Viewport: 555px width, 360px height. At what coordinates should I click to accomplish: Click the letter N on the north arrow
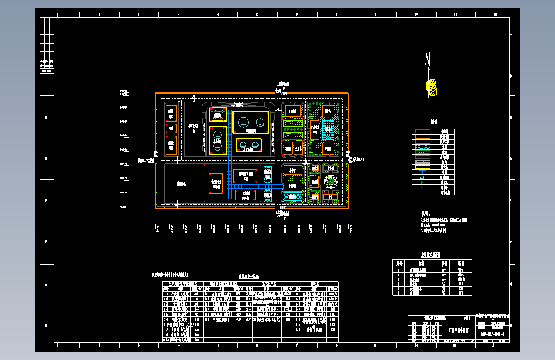[x=428, y=60]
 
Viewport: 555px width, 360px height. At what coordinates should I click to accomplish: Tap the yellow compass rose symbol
[x=431, y=85]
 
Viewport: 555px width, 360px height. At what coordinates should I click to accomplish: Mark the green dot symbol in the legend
[x=421, y=182]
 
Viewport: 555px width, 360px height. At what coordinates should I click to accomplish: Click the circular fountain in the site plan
[x=330, y=183]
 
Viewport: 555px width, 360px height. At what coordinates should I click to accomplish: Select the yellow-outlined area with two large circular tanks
[x=249, y=121]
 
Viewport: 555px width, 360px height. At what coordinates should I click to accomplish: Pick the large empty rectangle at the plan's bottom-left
[x=182, y=183]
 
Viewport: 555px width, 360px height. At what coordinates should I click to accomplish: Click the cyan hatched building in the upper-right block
[x=328, y=129]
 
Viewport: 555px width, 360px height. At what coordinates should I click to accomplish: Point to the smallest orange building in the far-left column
[x=171, y=128]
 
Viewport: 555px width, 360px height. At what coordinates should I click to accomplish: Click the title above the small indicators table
[x=431, y=255]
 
